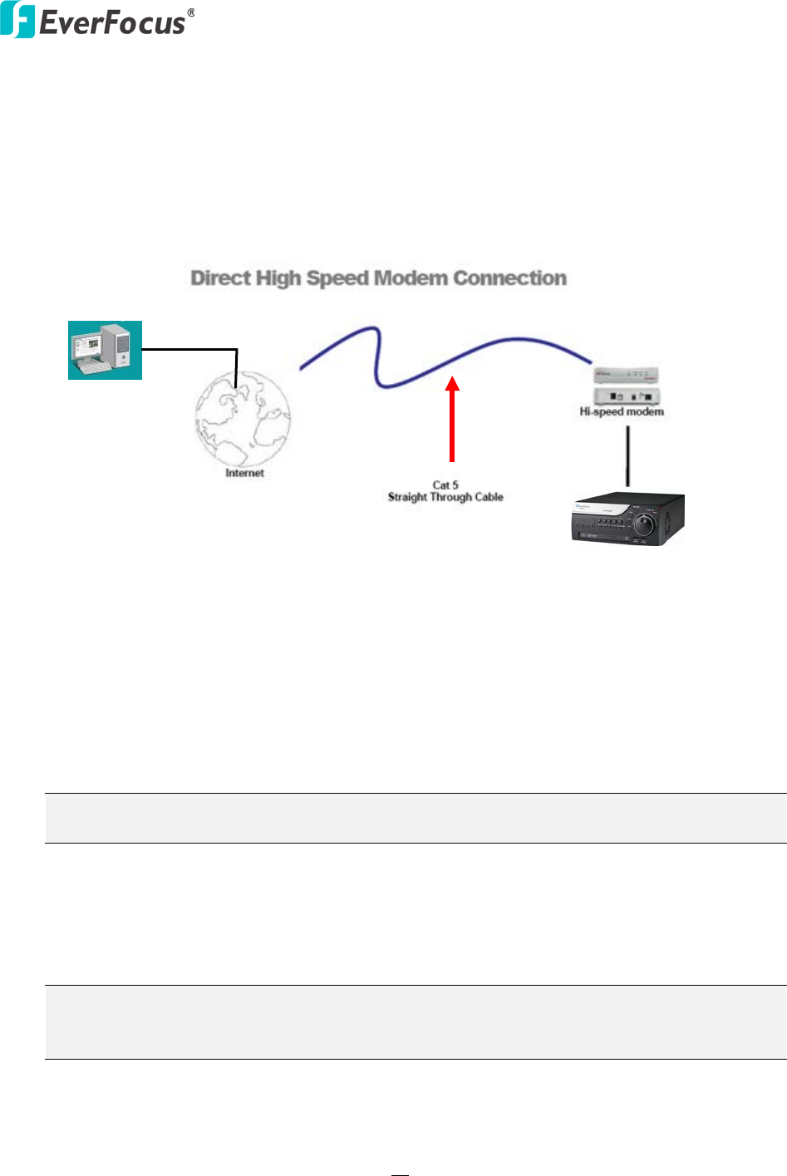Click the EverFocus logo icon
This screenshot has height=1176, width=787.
click(x=17, y=21)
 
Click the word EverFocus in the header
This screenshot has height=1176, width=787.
click(x=112, y=22)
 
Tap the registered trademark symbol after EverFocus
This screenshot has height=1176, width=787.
click(x=191, y=12)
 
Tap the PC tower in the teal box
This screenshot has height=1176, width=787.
click(x=118, y=346)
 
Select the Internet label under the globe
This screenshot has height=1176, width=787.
click(x=244, y=473)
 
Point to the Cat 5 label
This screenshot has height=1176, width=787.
click(x=445, y=485)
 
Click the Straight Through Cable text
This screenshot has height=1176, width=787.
click(x=445, y=497)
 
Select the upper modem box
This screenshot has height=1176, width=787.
click(x=626, y=375)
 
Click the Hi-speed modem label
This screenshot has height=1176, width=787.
click(x=622, y=411)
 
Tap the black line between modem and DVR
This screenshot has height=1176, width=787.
click(x=627, y=453)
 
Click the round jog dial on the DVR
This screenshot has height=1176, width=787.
click(x=644, y=524)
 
